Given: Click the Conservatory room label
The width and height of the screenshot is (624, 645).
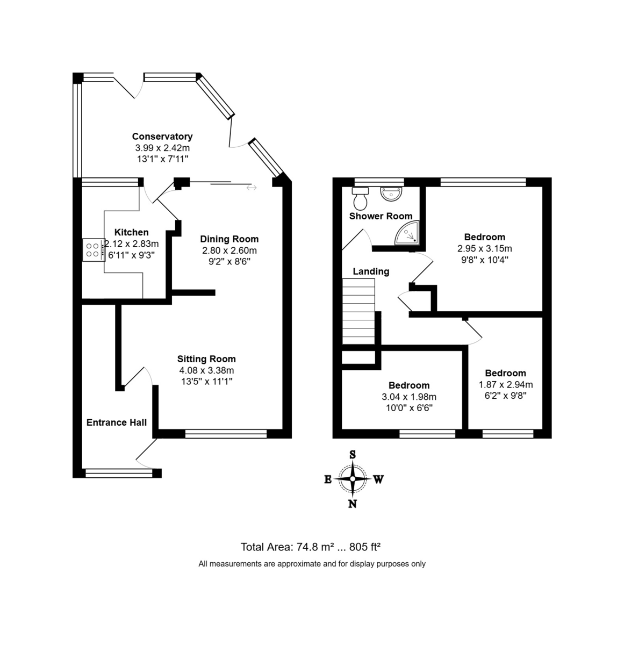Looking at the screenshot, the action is (162, 137).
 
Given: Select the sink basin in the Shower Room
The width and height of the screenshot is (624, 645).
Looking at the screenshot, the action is (391, 194).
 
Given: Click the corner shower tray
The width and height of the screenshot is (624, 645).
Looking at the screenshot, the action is (407, 233).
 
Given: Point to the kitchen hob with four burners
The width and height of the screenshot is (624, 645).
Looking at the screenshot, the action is (94, 250).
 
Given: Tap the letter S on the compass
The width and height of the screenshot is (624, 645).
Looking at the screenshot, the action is (353, 454).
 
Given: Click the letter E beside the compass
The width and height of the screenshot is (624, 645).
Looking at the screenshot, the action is (327, 479).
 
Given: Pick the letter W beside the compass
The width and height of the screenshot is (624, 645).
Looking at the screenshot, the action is (378, 479).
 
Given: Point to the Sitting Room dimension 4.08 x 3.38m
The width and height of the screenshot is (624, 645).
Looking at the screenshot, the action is (207, 370).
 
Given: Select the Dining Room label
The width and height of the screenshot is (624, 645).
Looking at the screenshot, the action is (229, 239).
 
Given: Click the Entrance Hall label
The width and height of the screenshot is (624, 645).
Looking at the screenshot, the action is (116, 422).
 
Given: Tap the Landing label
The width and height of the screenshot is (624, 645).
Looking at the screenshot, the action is (371, 271).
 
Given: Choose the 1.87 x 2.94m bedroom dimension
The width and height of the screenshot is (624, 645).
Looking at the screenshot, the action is (506, 384).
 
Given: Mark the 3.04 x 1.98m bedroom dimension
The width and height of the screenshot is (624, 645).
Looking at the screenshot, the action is (409, 397).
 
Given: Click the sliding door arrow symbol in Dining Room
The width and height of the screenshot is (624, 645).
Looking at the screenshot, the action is (252, 188).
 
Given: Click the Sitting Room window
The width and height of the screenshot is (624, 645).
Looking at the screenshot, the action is (226, 434).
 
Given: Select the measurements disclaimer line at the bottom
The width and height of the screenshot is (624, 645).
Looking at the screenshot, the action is (312, 564).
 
